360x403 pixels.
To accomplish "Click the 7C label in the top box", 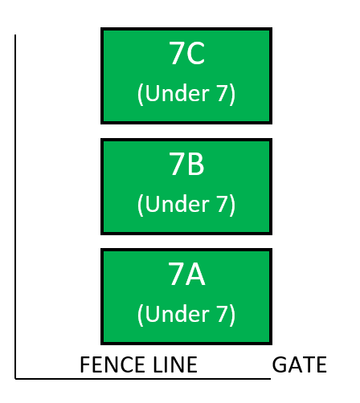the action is (186, 53).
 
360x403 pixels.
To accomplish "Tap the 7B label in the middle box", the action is (186, 164).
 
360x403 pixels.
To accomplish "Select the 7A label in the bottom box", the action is (186, 274).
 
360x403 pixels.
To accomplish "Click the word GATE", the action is (300, 364).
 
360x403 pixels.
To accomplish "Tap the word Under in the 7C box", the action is (178, 93).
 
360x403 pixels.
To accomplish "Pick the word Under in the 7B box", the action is (178, 204).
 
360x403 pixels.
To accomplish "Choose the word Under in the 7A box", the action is (178, 314).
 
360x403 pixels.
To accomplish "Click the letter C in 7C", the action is (195, 53).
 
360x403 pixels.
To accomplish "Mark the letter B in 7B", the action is (195, 164).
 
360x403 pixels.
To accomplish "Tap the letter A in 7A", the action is (196, 274).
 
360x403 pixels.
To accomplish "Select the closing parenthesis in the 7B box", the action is (232, 206).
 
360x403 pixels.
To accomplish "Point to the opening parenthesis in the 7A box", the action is (140, 315).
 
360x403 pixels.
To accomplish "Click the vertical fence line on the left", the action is (15, 206).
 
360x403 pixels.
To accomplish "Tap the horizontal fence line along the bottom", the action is (143, 379).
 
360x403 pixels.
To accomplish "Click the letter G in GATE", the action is (279, 364).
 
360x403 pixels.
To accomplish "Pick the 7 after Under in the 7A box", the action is (223, 314).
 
